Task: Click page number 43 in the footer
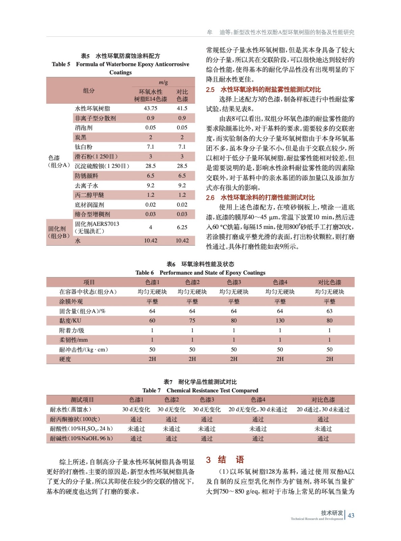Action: click(351, 515)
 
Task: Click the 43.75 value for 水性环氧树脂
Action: click(150, 109)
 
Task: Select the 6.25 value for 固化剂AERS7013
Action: click(182, 228)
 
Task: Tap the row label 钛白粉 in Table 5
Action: click(83, 147)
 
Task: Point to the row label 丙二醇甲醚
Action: click(89, 195)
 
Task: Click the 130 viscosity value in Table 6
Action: click(280, 321)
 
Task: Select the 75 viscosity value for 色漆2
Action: click(192, 321)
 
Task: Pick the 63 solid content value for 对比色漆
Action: click(329, 311)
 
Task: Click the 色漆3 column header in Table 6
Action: click(233, 282)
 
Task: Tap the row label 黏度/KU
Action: click(70, 321)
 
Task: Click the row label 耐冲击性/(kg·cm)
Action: click(83, 350)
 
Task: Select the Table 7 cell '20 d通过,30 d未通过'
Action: click(323, 409)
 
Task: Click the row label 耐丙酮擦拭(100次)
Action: click(75, 419)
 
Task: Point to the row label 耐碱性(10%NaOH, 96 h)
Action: click(81, 439)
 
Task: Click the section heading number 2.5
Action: click(210, 90)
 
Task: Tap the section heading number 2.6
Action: click(210, 198)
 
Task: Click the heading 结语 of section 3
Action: click(231, 460)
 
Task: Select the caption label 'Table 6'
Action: click(145, 273)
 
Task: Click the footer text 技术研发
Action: click(332, 513)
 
